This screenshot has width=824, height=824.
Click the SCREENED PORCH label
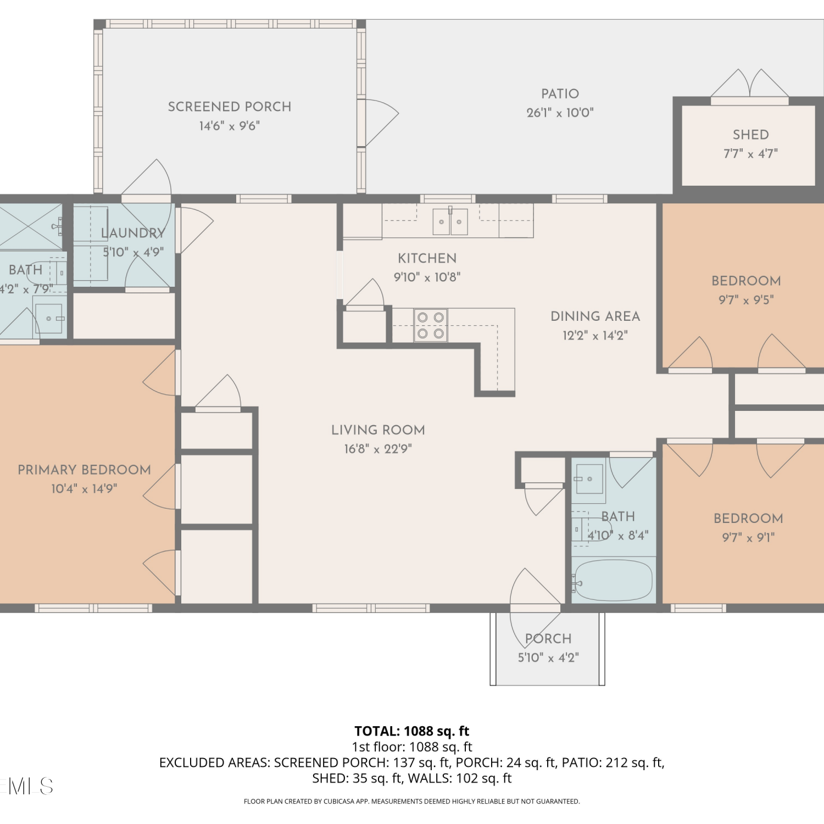[x=230, y=107]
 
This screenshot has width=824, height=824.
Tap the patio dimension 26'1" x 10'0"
[x=560, y=113]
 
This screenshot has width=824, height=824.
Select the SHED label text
[x=750, y=135]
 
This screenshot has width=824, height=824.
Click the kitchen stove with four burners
[x=431, y=325]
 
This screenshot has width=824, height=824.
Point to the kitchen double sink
[x=450, y=221]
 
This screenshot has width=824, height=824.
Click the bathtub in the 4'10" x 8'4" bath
[x=614, y=580]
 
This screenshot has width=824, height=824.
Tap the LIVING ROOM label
[x=378, y=430]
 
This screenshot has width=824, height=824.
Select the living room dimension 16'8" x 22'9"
[x=378, y=449]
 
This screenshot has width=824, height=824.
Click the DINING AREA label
[x=595, y=316]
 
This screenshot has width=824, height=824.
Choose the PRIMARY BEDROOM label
[x=84, y=470]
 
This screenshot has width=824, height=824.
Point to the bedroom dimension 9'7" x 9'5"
[x=746, y=300]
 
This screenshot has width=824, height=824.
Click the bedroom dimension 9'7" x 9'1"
[x=748, y=537]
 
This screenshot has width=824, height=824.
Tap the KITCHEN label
[x=427, y=258]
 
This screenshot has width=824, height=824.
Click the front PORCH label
[x=548, y=639]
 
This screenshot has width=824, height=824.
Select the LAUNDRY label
[x=133, y=233]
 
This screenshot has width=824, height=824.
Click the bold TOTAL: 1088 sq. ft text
[x=412, y=731]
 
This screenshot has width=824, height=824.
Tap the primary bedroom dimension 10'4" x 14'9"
[x=84, y=489]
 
